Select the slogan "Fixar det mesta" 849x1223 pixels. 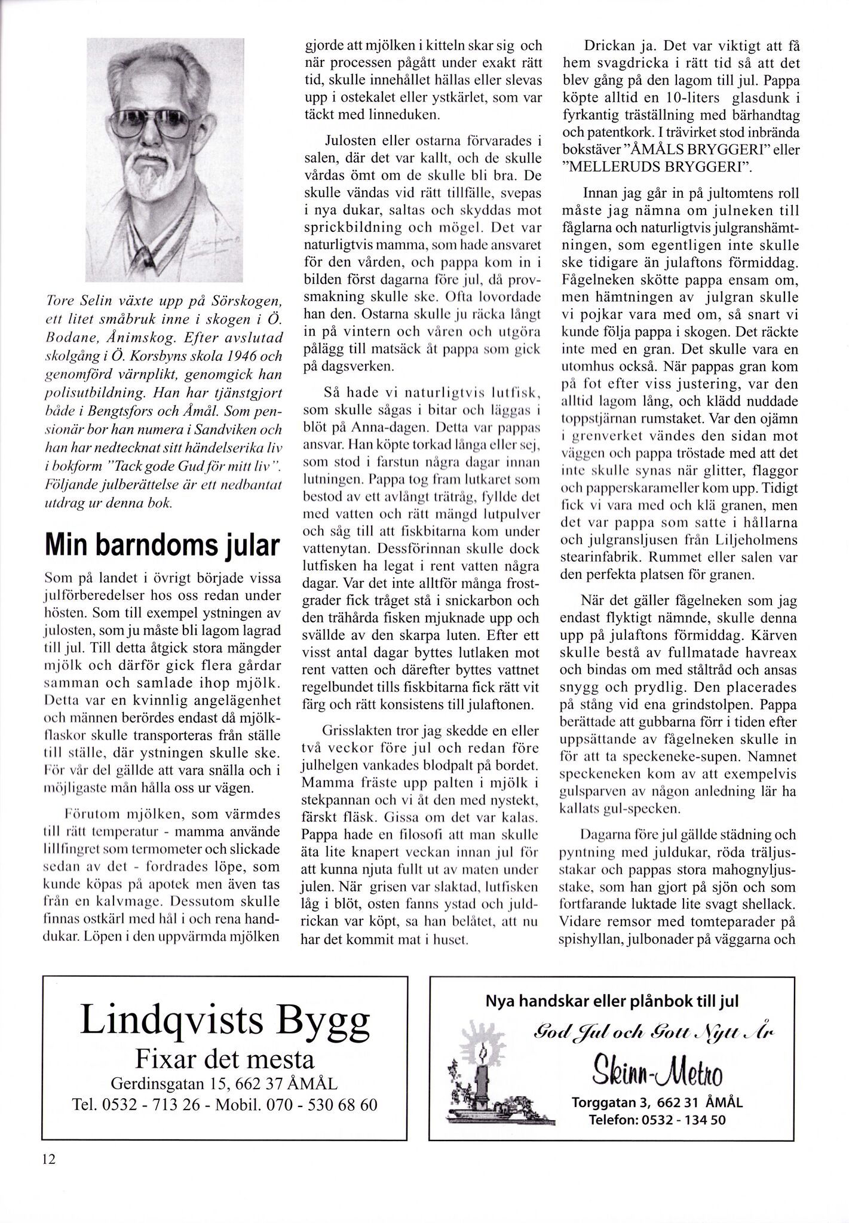pos(225,1059)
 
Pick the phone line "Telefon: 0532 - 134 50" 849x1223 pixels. pos(657,1120)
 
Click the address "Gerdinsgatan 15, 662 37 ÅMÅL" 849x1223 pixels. pos(225,1083)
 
